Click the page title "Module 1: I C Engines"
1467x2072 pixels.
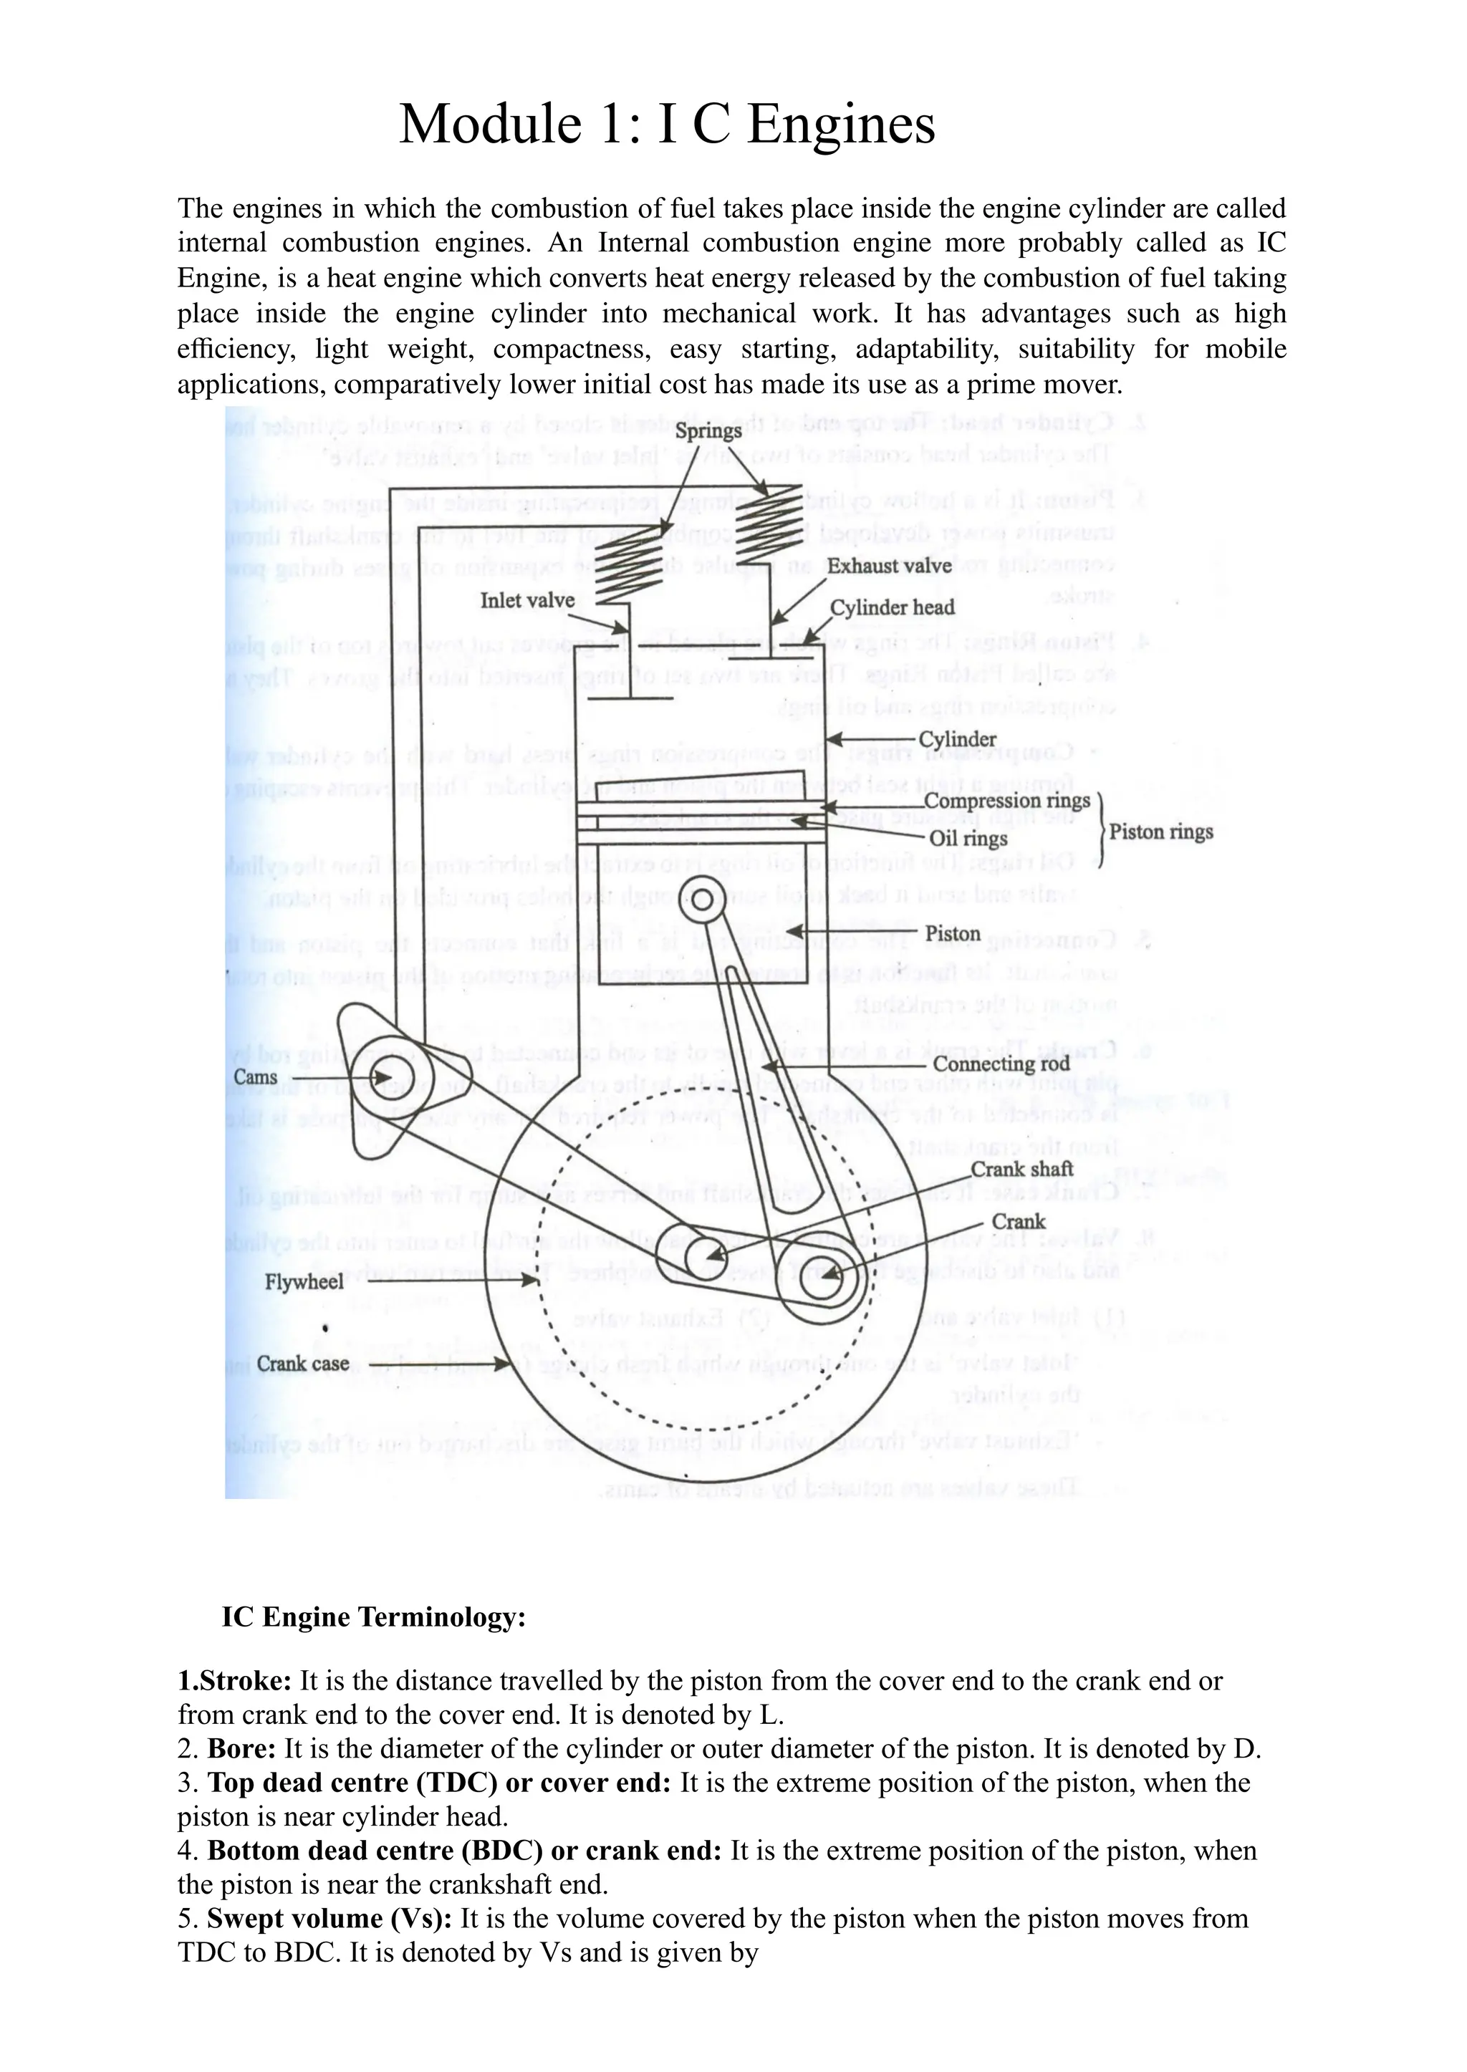point(667,124)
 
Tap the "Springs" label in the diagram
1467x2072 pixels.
point(708,431)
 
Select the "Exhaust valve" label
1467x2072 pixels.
point(889,567)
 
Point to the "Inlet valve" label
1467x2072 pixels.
point(526,601)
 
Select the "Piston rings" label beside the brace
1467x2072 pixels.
point(1160,831)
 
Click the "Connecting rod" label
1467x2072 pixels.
point(1001,1064)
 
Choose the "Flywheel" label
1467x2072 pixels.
point(304,1282)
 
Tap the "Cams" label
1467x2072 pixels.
point(255,1076)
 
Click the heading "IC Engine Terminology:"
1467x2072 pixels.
point(373,1616)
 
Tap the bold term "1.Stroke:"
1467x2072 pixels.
point(235,1681)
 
